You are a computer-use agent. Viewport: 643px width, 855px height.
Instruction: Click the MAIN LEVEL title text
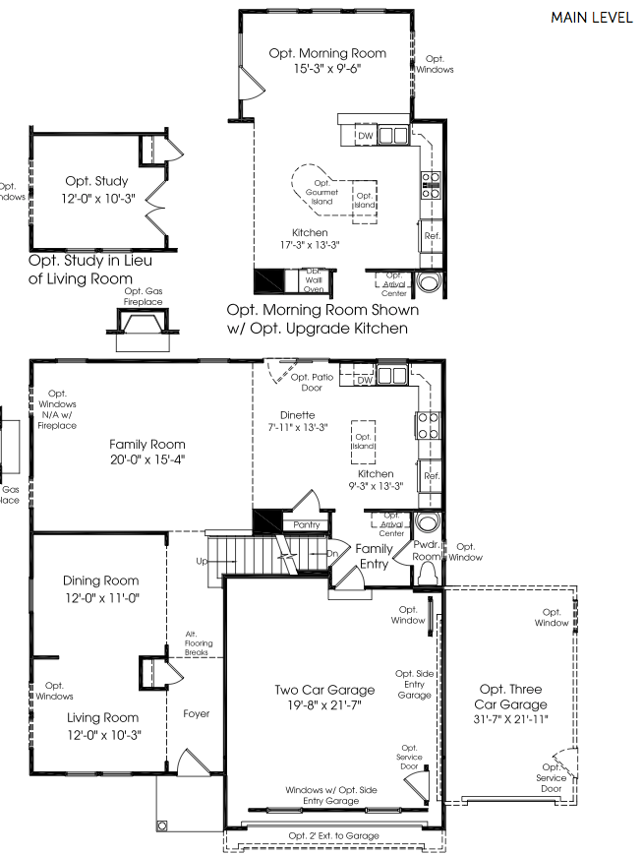point(591,18)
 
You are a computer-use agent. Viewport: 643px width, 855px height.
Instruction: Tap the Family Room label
point(147,444)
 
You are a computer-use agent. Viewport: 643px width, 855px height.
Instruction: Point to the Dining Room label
point(100,580)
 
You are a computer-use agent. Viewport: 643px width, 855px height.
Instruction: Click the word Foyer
point(196,713)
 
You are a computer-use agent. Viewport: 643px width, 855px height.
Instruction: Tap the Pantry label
point(307,525)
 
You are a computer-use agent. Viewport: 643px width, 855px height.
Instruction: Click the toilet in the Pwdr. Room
point(428,576)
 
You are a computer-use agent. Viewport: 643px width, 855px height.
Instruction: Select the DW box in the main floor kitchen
point(364,380)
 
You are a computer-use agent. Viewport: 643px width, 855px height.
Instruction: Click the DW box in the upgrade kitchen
point(364,136)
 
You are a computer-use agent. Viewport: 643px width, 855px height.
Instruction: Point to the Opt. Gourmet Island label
point(321,191)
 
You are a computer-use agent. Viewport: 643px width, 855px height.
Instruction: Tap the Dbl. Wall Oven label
point(313,280)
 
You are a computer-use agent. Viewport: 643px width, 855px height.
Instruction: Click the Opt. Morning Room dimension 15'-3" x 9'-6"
point(327,70)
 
